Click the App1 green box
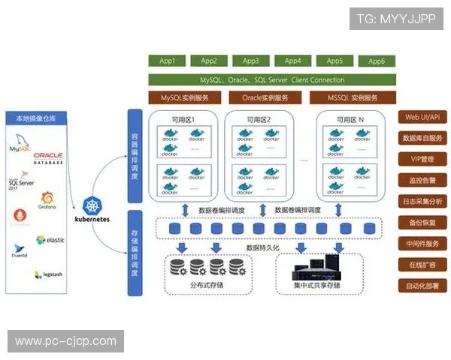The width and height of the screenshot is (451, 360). (x=167, y=61)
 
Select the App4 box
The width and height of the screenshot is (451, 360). (x=292, y=61)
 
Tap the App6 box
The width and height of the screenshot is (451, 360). (x=377, y=61)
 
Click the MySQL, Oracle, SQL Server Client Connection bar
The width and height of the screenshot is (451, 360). (x=272, y=79)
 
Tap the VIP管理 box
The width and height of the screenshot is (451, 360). (x=424, y=159)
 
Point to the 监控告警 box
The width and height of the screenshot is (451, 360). (x=424, y=180)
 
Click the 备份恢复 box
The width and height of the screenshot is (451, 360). (x=424, y=223)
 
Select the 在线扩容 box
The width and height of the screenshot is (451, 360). (x=424, y=265)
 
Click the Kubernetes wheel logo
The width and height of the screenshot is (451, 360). (x=93, y=204)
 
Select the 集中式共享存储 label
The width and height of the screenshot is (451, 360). (x=316, y=286)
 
